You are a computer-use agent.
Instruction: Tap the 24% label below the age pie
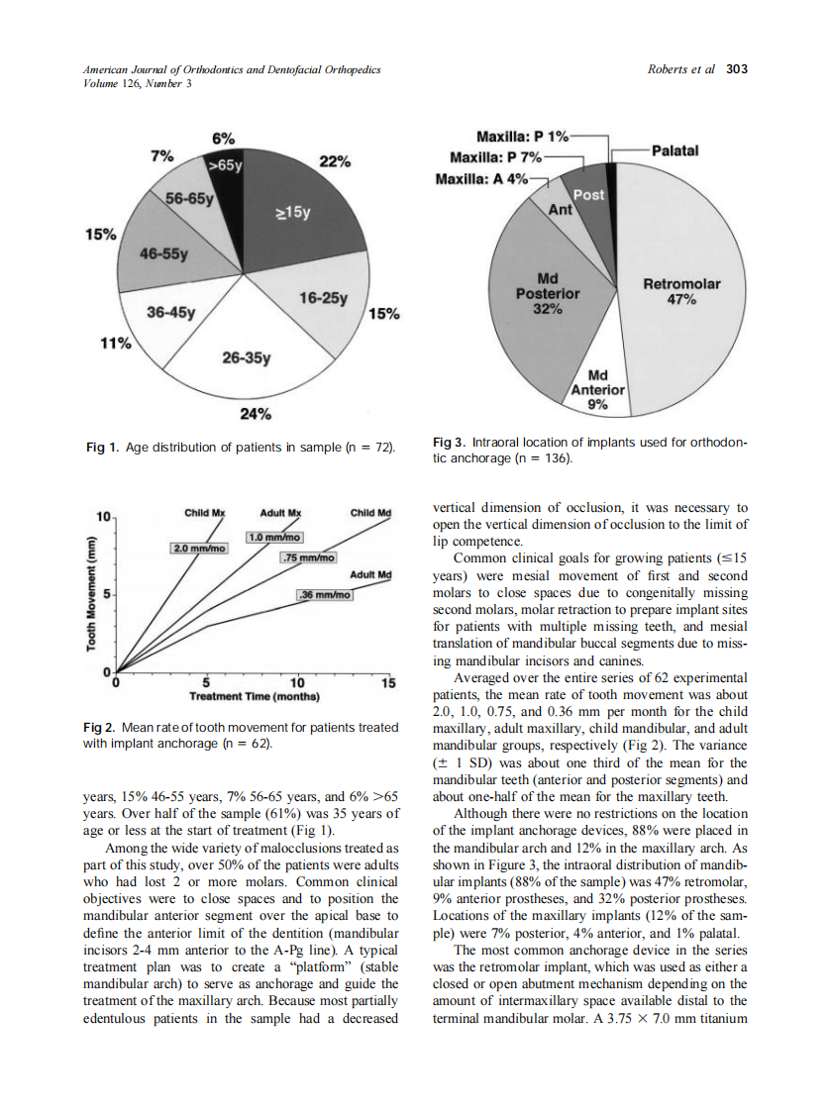(x=257, y=413)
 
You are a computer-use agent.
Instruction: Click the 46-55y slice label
(x=163, y=253)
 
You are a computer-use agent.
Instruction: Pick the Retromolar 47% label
(x=681, y=292)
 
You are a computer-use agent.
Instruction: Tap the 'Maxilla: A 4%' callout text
(x=480, y=179)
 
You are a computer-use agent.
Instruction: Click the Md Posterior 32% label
(x=548, y=294)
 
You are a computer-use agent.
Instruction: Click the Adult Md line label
(x=371, y=574)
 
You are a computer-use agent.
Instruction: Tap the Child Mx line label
(x=205, y=513)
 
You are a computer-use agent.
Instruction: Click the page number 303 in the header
(x=736, y=69)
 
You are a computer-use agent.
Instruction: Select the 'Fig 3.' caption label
(x=449, y=442)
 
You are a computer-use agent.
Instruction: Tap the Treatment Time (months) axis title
(x=251, y=695)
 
